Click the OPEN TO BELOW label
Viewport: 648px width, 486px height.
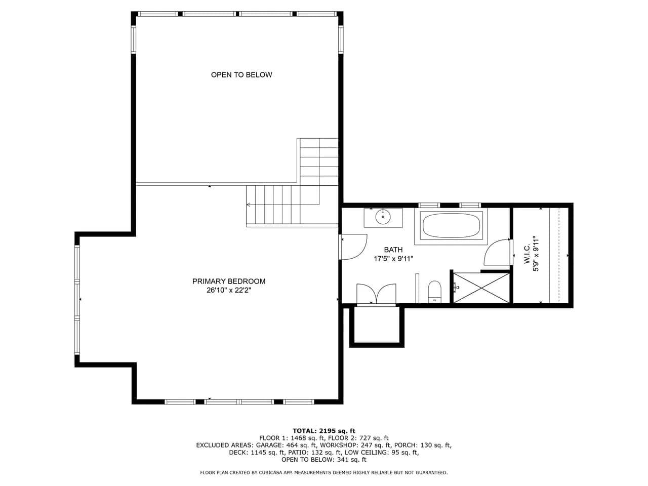[241, 75]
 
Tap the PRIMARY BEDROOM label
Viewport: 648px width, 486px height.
[229, 281]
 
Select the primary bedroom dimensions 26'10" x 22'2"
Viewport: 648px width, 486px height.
[229, 291]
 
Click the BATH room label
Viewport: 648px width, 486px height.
[393, 250]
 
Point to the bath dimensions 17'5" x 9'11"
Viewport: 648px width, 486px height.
[393, 259]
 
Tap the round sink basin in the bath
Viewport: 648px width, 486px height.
[383, 217]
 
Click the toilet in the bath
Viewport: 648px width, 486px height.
[434, 292]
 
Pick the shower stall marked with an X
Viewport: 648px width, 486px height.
[481, 288]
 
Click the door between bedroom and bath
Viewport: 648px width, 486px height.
[353, 247]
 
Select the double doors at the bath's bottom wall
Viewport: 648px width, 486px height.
[377, 294]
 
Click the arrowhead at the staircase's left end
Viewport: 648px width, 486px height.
[248, 205]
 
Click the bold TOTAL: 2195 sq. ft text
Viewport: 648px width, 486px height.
[324, 431]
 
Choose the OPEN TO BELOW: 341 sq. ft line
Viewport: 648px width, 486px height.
[324, 460]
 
